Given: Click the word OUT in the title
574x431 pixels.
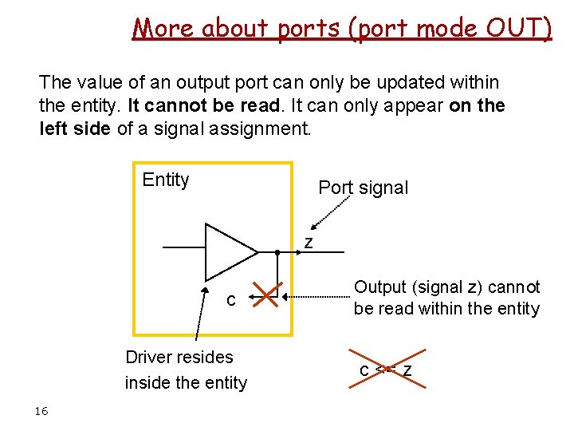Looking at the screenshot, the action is tap(514, 28).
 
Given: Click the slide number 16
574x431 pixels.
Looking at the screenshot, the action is tap(41, 411).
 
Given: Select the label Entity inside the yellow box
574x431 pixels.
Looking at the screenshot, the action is tap(165, 180).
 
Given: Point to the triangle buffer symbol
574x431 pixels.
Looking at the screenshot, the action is tap(227, 251).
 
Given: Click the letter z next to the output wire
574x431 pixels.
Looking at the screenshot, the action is tap(309, 243).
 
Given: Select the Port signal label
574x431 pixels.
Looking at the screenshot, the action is tap(363, 188).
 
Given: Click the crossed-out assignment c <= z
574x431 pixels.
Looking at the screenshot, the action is tap(386, 370).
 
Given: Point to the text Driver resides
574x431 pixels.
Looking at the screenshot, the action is tap(179, 357).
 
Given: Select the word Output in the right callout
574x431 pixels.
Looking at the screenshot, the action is tap(379, 287).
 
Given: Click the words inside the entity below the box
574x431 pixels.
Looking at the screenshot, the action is tap(186, 383).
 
